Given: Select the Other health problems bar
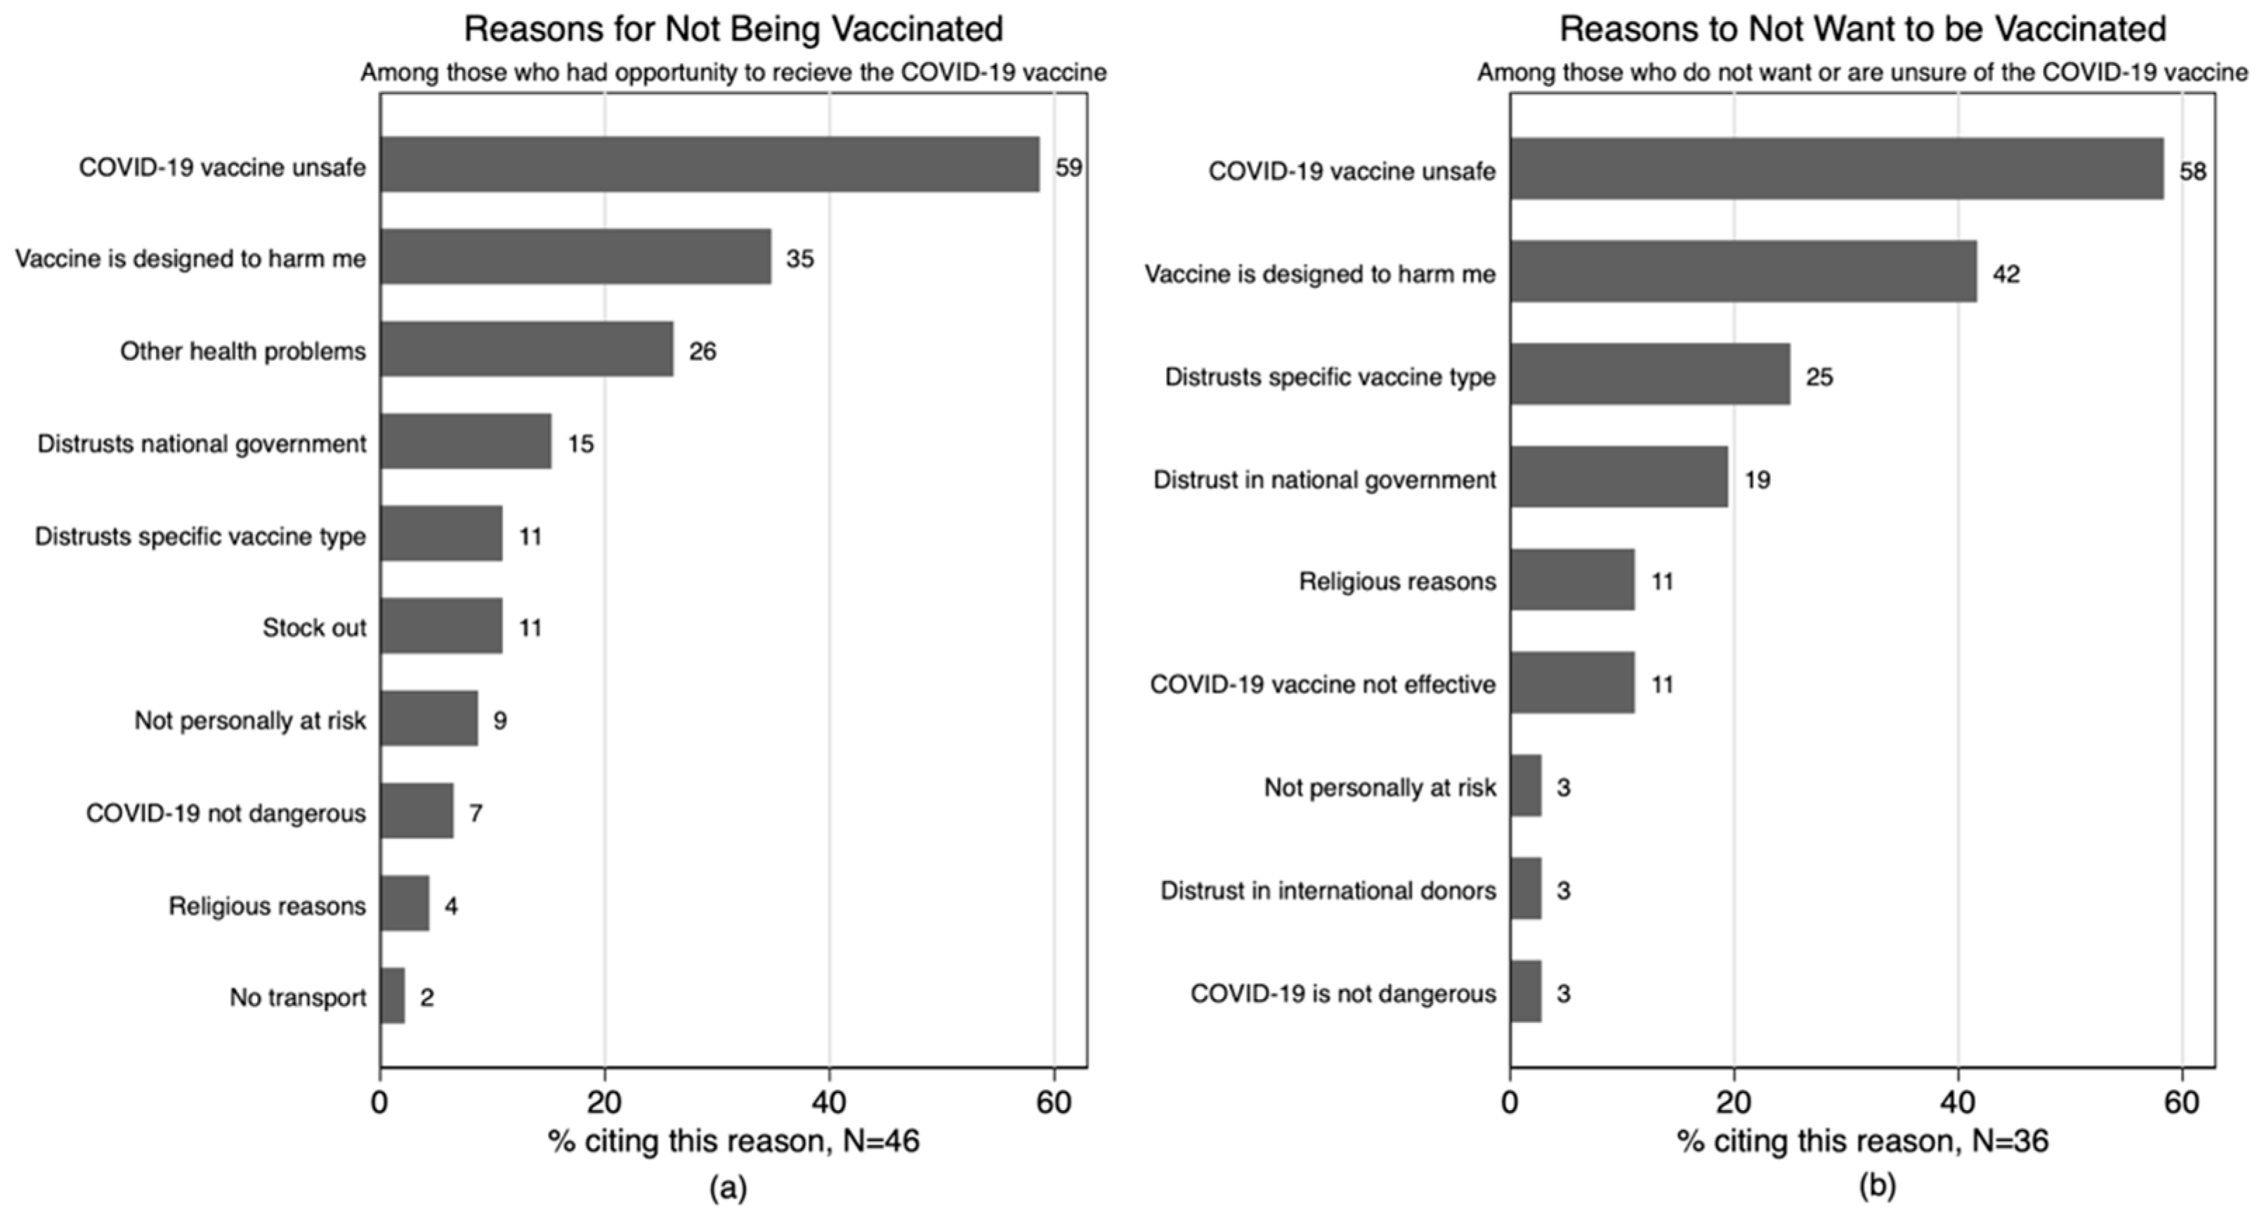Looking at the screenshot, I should click(527, 349).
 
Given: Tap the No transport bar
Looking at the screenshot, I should click(393, 995).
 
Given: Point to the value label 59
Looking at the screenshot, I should click(1068, 167).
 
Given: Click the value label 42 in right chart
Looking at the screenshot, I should click(2006, 275).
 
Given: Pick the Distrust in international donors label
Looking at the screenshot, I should click(1328, 891).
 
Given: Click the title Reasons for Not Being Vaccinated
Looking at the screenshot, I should click(733, 29).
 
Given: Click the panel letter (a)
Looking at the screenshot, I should click(728, 1188).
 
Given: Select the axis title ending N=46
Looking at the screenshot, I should click(733, 1141).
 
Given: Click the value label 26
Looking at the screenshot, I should click(702, 351).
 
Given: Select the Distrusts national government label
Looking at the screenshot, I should click(202, 445).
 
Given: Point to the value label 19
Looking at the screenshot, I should click(1757, 479).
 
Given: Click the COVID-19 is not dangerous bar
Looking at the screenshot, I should click(1526, 991).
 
